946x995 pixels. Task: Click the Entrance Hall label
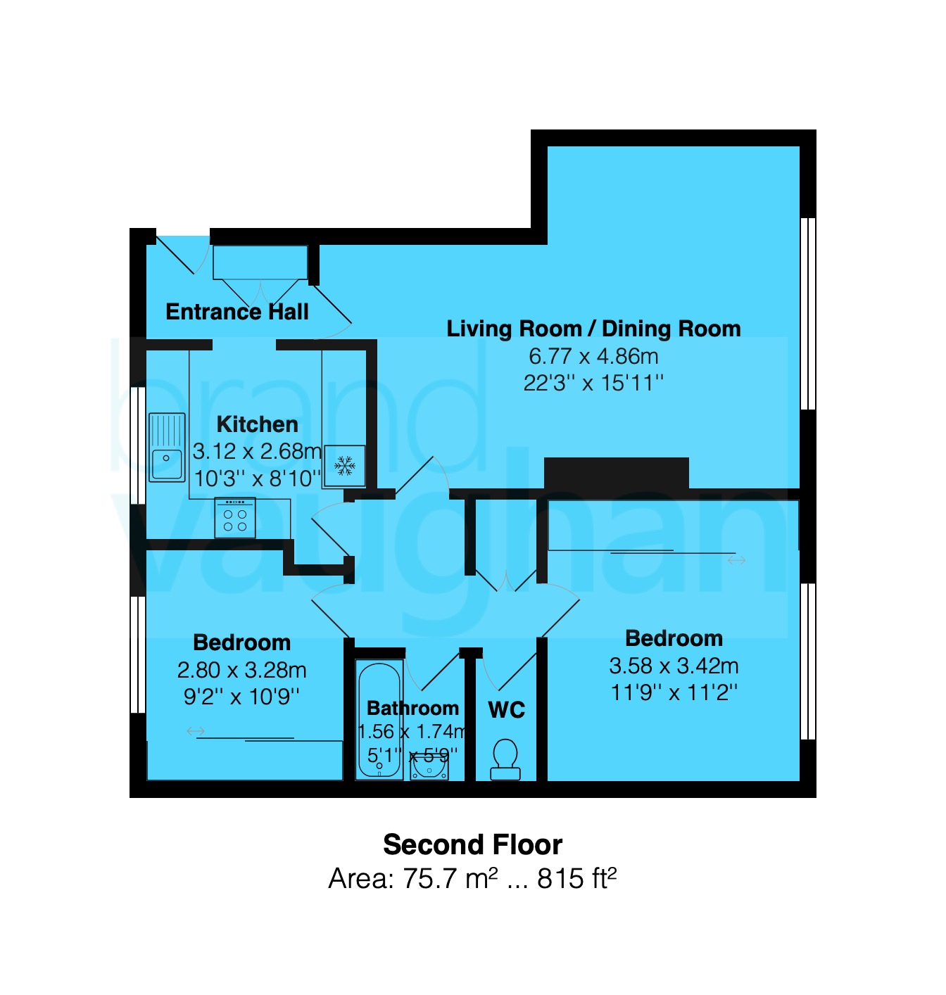(x=237, y=312)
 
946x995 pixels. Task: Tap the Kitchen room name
(x=257, y=424)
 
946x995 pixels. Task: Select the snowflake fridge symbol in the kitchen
(x=344, y=466)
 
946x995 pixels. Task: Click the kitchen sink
(x=167, y=448)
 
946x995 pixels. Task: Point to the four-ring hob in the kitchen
(x=235, y=518)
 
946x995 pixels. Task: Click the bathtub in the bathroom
(x=379, y=720)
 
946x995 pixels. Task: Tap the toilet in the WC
(x=505, y=759)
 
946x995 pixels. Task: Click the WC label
(x=506, y=710)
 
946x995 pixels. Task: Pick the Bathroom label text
(x=412, y=708)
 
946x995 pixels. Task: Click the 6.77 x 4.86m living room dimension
(x=593, y=356)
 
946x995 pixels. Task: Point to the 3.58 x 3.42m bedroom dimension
(x=674, y=666)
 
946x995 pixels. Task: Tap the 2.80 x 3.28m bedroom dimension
(x=241, y=670)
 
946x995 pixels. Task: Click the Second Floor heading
(x=472, y=844)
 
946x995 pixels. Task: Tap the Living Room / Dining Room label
(x=593, y=329)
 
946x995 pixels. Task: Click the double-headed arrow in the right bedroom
(x=736, y=560)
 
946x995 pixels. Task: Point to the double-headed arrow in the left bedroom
(x=196, y=731)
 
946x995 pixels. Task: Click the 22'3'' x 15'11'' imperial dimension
(x=593, y=383)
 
